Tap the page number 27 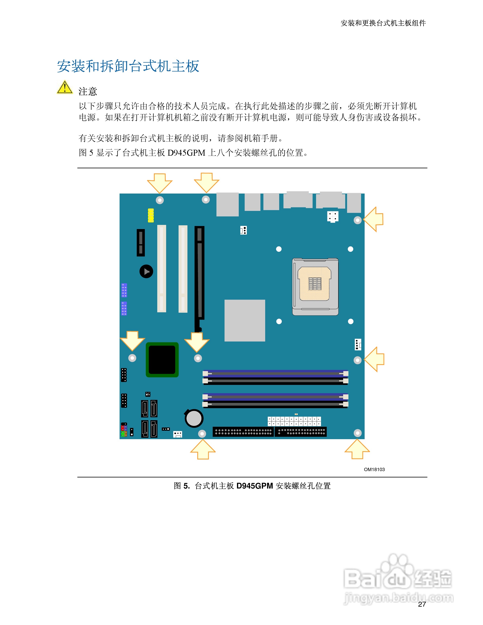pyautogui.click(x=422, y=604)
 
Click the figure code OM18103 pyautogui.click(x=374, y=469)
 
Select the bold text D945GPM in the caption pyautogui.click(x=254, y=486)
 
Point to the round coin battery pyautogui.click(x=194, y=418)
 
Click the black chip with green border pyautogui.click(x=162, y=359)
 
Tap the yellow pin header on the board pyautogui.click(x=151, y=215)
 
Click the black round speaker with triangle pyautogui.click(x=146, y=271)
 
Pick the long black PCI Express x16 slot pyautogui.click(x=199, y=276)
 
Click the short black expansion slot pyautogui.click(x=140, y=242)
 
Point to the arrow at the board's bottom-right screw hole pyautogui.click(x=357, y=450)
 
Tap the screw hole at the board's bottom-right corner pyautogui.click(x=357, y=433)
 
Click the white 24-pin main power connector pyautogui.click(x=294, y=421)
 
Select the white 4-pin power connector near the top pyautogui.click(x=332, y=217)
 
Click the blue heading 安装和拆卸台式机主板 pyautogui.click(x=128, y=66)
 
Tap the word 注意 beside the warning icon pyautogui.click(x=88, y=92)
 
